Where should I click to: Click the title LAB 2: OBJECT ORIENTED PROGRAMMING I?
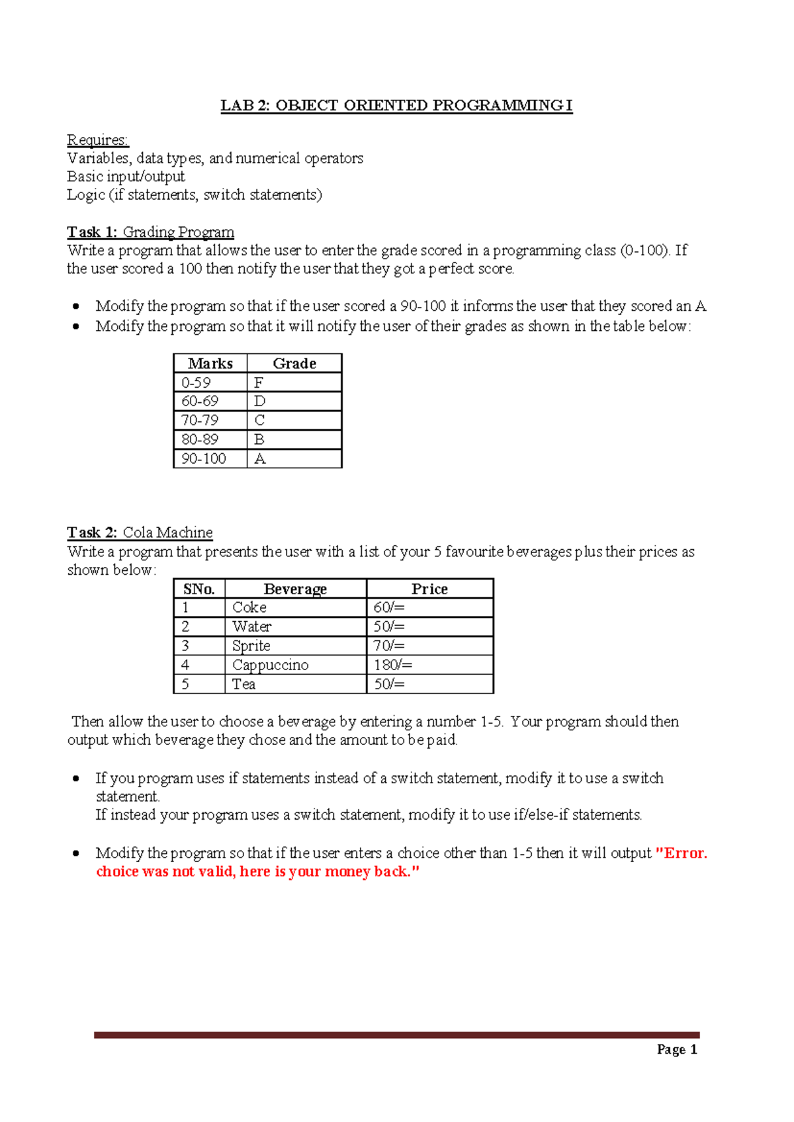coord(396,106)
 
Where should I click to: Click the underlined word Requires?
coord(98,140)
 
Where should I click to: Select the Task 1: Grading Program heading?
coord(150,232)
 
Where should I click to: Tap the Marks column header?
coord(210,363)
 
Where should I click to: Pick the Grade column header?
coord(294,363)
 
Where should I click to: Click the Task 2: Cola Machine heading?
coord(140,533)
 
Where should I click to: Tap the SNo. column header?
coord(199,589)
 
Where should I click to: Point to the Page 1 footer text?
coord(677,1049)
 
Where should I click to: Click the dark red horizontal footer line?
coord(396,1035)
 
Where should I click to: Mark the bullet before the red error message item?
coord(77,853)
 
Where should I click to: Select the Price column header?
coord(429,589)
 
